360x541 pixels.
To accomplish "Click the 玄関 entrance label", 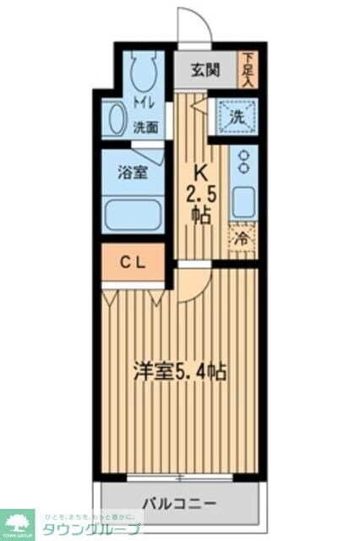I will coord(205,70).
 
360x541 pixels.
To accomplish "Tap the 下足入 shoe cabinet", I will coord(248,70).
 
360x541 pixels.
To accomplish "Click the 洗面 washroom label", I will coord(145,128).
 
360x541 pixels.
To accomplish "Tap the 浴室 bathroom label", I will coord(133,172).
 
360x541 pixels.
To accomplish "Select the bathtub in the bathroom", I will coord(133,214).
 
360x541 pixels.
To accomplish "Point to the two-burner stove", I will coord(244,163).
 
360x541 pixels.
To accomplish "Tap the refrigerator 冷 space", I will coord(242,239).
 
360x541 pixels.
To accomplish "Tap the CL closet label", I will coord(131,262).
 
